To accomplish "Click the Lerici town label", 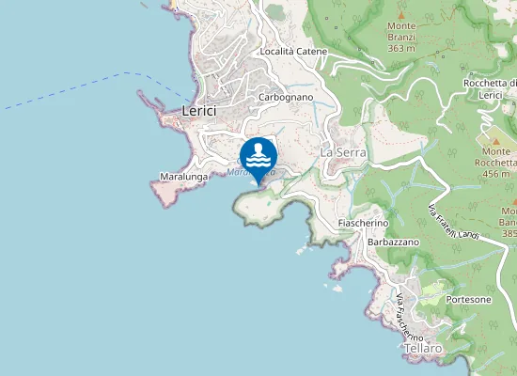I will coord(198,111).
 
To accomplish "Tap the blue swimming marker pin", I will coord(258,156).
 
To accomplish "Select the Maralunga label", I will coord(183,176).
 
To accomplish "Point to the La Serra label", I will coord(341,151).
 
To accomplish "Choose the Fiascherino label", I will coord(364,223).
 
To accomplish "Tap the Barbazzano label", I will coord(393,242).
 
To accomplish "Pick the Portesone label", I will coord(469,299).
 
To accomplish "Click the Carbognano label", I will coord(285,97).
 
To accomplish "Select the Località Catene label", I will coord(293,51).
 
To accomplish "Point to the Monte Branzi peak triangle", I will coord(401,16).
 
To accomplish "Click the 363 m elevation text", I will coord(401,48).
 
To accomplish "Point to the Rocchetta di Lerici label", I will coord(489,89).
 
